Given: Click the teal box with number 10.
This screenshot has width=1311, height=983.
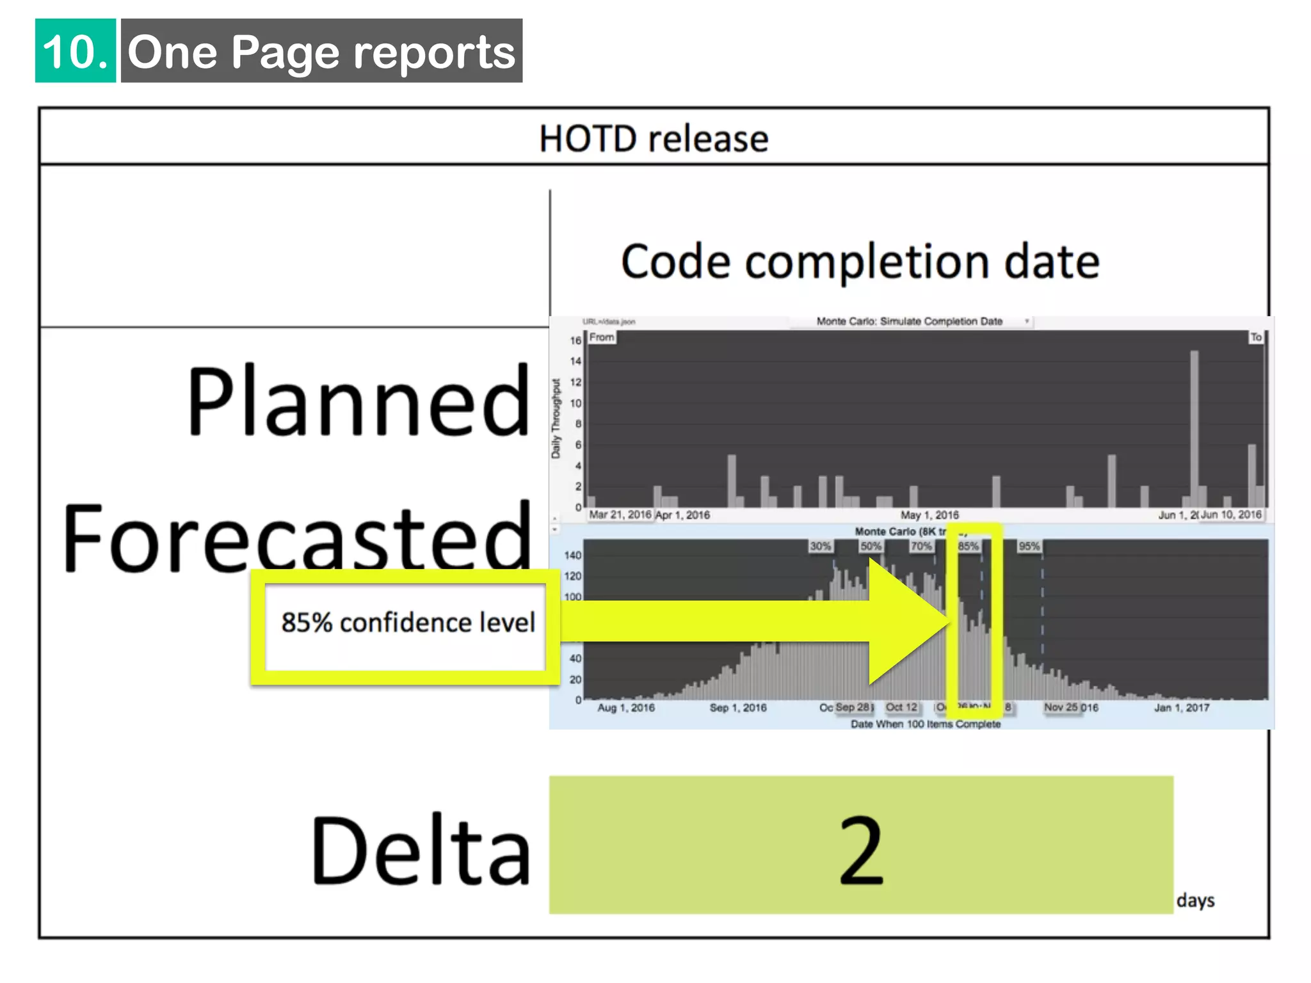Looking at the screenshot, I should (76, 51).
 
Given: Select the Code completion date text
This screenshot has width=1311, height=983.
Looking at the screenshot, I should (860, 262).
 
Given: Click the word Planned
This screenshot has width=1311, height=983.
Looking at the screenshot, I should (358, 401).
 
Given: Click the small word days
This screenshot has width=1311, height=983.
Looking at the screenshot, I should (1195, 900).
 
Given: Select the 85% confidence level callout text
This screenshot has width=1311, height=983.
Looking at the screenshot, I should (408, 623).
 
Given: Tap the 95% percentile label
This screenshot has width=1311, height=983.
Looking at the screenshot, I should (1029, 546).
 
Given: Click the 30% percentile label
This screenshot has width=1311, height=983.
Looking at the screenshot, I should (820, 546).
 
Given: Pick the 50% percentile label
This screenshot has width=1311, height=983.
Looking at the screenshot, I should (871, 546).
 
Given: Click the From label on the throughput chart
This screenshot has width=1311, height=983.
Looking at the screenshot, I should (602, 337).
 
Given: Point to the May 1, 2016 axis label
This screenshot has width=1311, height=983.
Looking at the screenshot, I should (929, 515).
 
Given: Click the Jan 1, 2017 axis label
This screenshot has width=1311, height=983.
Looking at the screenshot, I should (1182, 707).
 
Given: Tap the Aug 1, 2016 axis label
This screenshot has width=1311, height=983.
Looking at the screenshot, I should (626, 707).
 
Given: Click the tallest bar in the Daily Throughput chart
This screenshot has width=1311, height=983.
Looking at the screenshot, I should (1194, 429).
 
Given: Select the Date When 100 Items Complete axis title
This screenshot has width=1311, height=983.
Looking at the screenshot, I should (926, 724).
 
